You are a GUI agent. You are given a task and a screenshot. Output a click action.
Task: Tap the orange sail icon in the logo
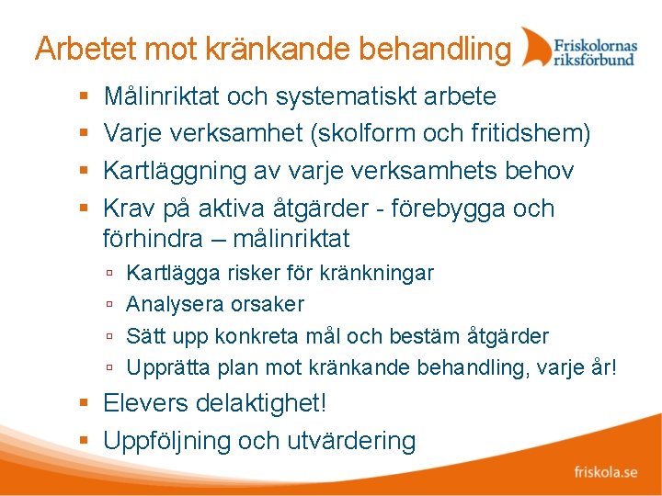click(x=534, y=47)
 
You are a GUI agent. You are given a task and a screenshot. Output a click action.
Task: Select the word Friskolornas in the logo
click(x=595, y=43)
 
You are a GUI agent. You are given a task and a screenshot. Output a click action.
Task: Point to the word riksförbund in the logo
click(x=594, y=59)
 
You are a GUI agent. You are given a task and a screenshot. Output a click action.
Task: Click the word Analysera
click(x=168, y=304)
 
